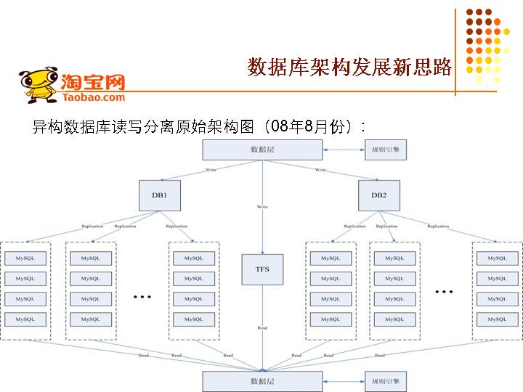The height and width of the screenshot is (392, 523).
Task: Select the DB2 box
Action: (378, 195)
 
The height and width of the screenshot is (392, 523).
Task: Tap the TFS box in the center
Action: (262, 269)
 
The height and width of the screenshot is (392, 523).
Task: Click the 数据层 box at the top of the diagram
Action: (262, 150)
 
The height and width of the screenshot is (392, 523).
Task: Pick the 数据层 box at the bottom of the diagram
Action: (262, 380)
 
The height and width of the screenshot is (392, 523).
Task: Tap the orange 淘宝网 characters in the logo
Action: (93, 81)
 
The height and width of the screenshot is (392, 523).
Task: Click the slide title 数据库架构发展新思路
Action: (349, 67)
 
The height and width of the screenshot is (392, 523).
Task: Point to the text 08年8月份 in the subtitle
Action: (305, 126)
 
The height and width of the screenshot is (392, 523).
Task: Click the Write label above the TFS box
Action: (262, 208)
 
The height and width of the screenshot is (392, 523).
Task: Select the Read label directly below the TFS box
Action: (262, 328)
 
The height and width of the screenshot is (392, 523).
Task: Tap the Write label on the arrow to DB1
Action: (211, 170)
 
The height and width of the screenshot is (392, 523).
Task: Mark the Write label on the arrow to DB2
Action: (320, 170)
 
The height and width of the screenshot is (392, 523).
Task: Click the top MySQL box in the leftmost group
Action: (25, 258)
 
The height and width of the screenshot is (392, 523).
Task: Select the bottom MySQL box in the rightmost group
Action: (498, 319)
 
